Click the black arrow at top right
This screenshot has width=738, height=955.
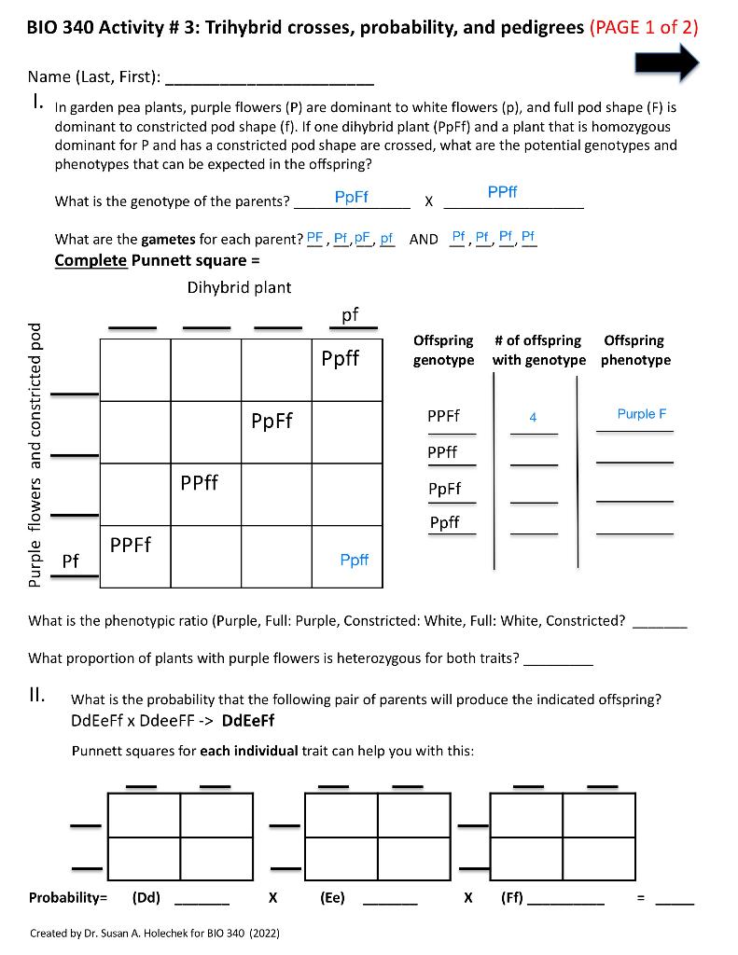coord(667,62)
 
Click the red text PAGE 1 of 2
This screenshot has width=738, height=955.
coord(644,26)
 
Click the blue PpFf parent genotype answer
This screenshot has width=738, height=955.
coord(351,197)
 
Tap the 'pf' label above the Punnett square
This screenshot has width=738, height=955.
coord(350,314)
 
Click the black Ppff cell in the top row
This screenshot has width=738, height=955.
coord(341,358)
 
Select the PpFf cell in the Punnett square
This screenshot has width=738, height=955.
coord(272,421)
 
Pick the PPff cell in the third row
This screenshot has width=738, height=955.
coord(200,482)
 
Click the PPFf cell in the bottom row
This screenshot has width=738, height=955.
coord(132,544)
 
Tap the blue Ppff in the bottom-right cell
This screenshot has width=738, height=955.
coord(354,560)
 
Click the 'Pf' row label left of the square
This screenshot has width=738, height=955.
coord(70,561)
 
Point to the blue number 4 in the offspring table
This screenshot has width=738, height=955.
coord(533,418)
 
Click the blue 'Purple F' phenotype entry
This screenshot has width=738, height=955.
coord(642,414)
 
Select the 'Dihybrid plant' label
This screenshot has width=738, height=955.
coord(239,287)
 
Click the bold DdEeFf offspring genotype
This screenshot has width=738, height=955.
coord(248,720)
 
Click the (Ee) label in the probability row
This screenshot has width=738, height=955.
coord(332,897)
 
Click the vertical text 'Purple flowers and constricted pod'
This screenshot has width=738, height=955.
coord(35,454)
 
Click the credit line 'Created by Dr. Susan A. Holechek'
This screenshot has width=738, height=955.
coord(155,933)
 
